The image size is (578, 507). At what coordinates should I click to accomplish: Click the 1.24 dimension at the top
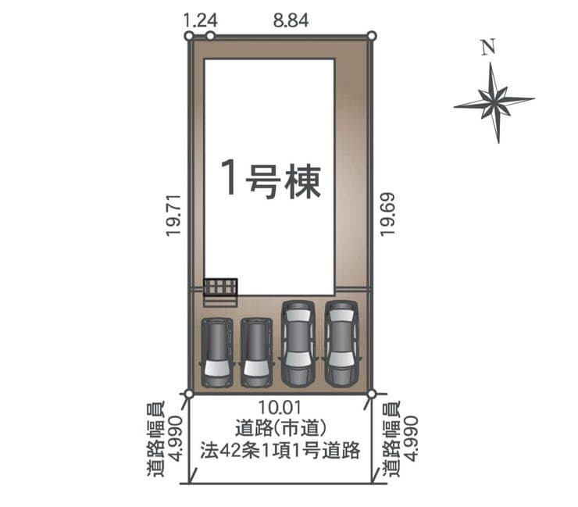[x=200, y=20]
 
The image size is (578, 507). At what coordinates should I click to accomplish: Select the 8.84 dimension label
[x=291, y=20]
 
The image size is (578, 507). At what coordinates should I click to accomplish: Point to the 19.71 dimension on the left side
[x=173, y=216]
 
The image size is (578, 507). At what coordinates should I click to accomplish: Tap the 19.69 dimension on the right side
[x=387, y=214]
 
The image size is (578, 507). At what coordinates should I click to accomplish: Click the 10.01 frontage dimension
[x=280, y=408]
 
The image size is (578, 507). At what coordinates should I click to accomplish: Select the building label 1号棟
[x=271, y=180]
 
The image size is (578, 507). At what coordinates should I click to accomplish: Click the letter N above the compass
[x=488, y=48]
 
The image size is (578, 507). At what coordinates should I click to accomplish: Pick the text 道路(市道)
[x=281, y=428]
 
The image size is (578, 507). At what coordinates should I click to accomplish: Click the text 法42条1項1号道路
[x=280, y=450]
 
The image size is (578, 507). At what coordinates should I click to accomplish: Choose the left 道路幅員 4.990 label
[x=165, y=439]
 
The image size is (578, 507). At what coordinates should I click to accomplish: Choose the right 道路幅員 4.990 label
[x=401, y=439]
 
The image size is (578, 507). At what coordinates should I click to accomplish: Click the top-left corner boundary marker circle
[x=189, y=36]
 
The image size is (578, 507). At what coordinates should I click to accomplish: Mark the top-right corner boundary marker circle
[x=372, y=36]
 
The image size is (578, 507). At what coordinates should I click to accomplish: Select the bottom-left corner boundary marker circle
[x=189, y=395]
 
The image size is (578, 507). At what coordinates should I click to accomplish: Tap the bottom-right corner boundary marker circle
[x=372, y=395]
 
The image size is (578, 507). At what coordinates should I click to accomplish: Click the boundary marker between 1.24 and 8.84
[x=210, y=36]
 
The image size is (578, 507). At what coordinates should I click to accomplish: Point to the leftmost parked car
[x=217, y=352]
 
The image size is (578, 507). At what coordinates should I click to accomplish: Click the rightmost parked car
[x=341, y=343]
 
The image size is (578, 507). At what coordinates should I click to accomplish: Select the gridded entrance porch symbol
[x=220, y=287]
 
